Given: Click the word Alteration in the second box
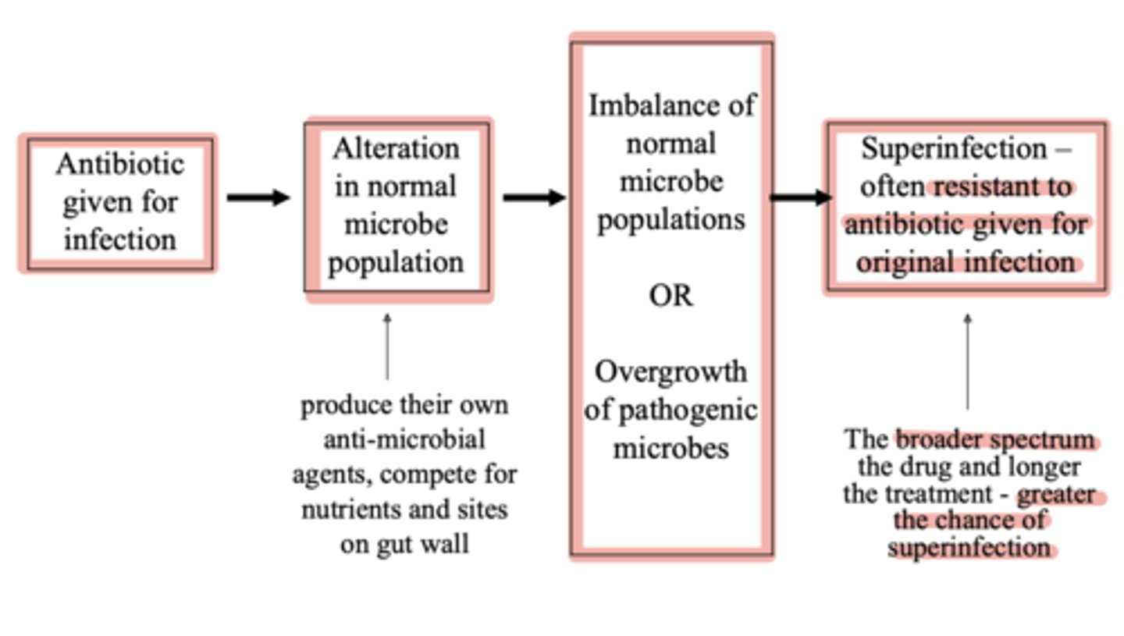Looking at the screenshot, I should tap(396, 148).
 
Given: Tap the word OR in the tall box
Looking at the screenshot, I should tap(670, 297).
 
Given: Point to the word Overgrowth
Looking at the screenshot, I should tap(670, 372).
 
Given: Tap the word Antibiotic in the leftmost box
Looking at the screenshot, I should tap(120, 165).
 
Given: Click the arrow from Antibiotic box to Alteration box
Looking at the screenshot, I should tap(258, 197).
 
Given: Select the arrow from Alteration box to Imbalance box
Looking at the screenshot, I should tap(534, 197).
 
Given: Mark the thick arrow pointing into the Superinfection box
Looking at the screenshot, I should tap(800, 197).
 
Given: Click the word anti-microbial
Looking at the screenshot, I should tap(404, 439).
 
